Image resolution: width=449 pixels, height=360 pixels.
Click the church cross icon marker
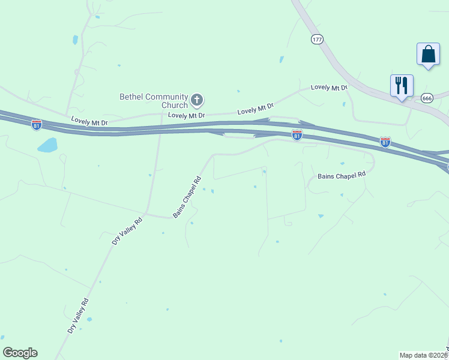(197, 100)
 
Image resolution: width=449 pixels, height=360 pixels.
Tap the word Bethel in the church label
(132, 96)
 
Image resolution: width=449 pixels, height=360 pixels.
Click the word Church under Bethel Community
(174, 105)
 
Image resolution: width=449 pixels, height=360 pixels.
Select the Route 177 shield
(318, 39)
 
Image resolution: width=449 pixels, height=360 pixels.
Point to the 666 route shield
(427, 98)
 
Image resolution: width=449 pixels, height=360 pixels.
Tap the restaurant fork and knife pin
(402, 85)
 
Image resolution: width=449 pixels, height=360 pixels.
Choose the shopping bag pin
(428, 55)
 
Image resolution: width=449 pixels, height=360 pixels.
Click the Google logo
(20, 353)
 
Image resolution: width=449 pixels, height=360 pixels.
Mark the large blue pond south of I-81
(47, 145)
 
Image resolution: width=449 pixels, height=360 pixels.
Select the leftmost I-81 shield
(37, 125)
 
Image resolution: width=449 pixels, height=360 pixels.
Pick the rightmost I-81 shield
(385, 142)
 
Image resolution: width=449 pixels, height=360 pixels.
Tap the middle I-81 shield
(297, 135)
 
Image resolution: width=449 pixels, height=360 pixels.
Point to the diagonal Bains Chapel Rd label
(187, 197)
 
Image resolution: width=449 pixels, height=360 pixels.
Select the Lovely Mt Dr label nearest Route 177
(329, 88)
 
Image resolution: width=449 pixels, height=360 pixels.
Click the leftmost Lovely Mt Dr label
(89, 122)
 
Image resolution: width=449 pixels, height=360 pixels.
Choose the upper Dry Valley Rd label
(127, 230)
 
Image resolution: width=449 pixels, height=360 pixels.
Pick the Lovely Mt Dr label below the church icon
(187, 115)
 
